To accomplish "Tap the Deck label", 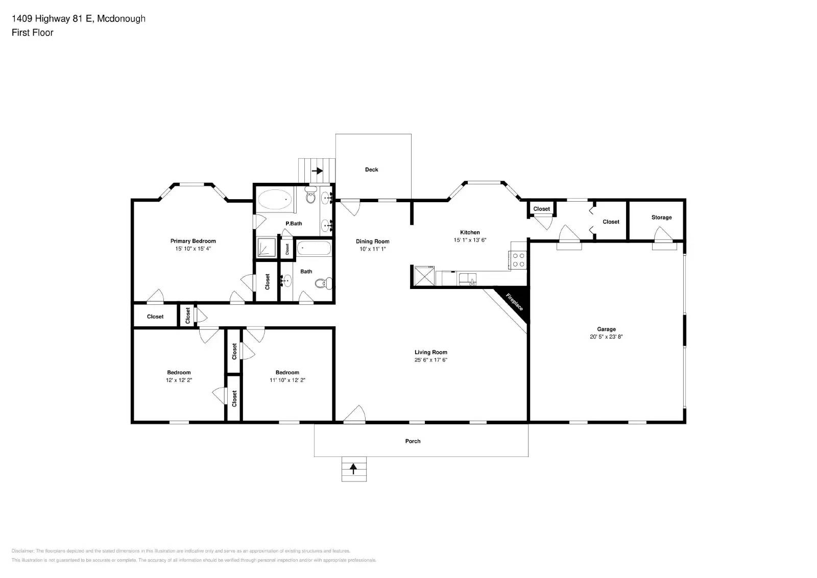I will [x=371, y=170].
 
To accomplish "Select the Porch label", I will [x=413, y=441].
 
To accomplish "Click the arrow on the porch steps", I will [x=353, y=468].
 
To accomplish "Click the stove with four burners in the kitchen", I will [x=518, y=259].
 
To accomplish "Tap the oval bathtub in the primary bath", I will [x=274, y=201].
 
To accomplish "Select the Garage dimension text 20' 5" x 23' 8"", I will [x=606, y=336].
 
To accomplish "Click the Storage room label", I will [x=661, y=218].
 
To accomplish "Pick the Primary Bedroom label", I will [x=193, y=241].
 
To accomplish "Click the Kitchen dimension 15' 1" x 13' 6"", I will [x=470, y=240].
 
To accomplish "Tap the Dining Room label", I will [x=372, y=242].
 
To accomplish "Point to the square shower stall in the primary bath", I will [x=266, y=247].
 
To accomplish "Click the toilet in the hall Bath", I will [x=324, y=283].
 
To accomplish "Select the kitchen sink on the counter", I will [x=467, y=278].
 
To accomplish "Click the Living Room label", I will [x=430, y=352].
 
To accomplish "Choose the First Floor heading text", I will [x=33, y=33].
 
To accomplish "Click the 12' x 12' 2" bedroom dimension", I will [x=179, y=380].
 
